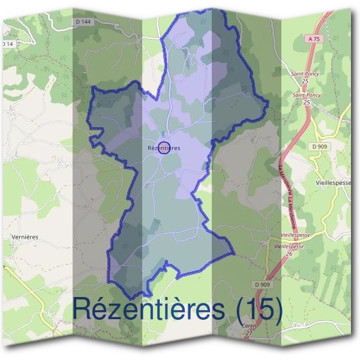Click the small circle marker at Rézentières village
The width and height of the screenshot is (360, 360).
click(x=163, y=148)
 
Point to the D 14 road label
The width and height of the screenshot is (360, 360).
click(x=7, y=44)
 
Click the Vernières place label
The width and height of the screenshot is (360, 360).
click(x=25, y=237)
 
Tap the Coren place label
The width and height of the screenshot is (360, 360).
click(x=249, y=326)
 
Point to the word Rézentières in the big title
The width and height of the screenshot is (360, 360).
click(x=149, y=309)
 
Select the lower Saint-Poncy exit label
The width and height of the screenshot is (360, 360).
click(x=306, y=95)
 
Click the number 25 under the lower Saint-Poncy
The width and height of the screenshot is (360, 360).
click(x=307, y=102)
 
